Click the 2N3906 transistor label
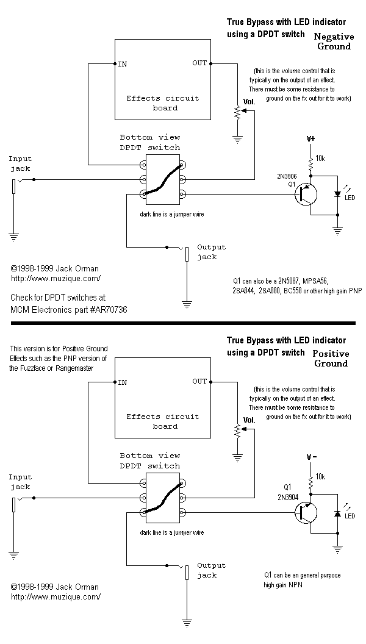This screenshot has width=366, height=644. pos(287,176)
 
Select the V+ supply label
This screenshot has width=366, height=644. pos(311,138)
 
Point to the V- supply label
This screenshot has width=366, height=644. pos(311,457)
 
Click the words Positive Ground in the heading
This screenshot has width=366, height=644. pos(331,359)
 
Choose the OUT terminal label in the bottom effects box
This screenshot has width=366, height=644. pos(200,381)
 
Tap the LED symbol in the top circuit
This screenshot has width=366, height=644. pos(337,195)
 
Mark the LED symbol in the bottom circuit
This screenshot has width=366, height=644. pos(337,513)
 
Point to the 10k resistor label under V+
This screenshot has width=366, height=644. pos(320,158)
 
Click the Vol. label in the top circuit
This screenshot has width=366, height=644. pos(249,102)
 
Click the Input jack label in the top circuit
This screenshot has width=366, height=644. pos(20,163)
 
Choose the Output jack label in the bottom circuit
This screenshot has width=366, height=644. pos(211,570)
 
